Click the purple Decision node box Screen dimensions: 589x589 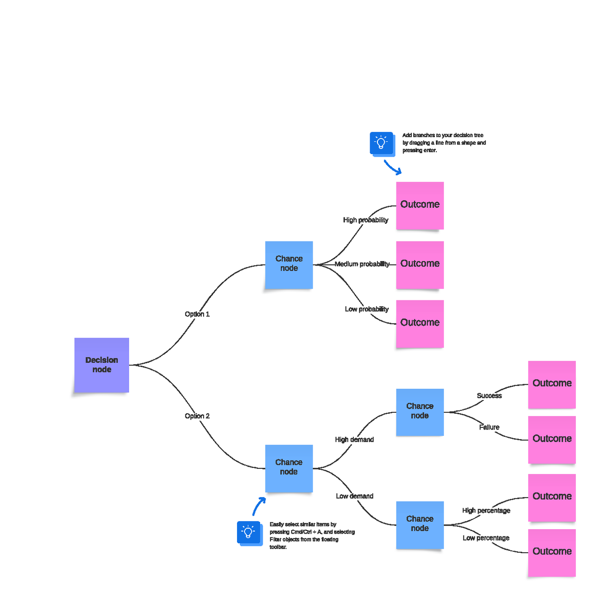click(x=102, y=365)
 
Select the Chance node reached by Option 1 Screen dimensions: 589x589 click(x=289, y=265)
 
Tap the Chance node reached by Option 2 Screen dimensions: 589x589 click(x=289, y=468)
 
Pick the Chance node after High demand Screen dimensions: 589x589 click(x=420, y=412)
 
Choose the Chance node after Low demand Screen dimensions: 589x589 click(x=420, y=525)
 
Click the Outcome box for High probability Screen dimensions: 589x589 click(x=420, y=205)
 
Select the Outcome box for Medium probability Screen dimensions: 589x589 click(x=420, y=265)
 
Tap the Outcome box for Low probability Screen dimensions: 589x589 click(x=420, y=324)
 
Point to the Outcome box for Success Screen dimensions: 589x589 click(x=552, y=384)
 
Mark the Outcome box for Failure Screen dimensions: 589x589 click(x=552, y=439)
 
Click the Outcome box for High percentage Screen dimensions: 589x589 click(x=552, y=497)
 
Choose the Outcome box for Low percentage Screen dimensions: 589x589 click(x=552, y=552)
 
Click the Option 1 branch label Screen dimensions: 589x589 click(x=197, y=314)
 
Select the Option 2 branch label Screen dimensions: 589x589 click(x=197, y=416)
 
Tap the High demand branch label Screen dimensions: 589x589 click(x=354, y=439)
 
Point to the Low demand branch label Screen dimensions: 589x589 click(x=354, y=496)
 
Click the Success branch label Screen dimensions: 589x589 click(x=489, y=396)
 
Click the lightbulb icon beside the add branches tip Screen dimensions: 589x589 click(x=381, y=143)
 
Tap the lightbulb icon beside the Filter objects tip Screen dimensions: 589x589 click(x=248, y=532)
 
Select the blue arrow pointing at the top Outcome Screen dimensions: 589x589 click(x=393, y=167)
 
